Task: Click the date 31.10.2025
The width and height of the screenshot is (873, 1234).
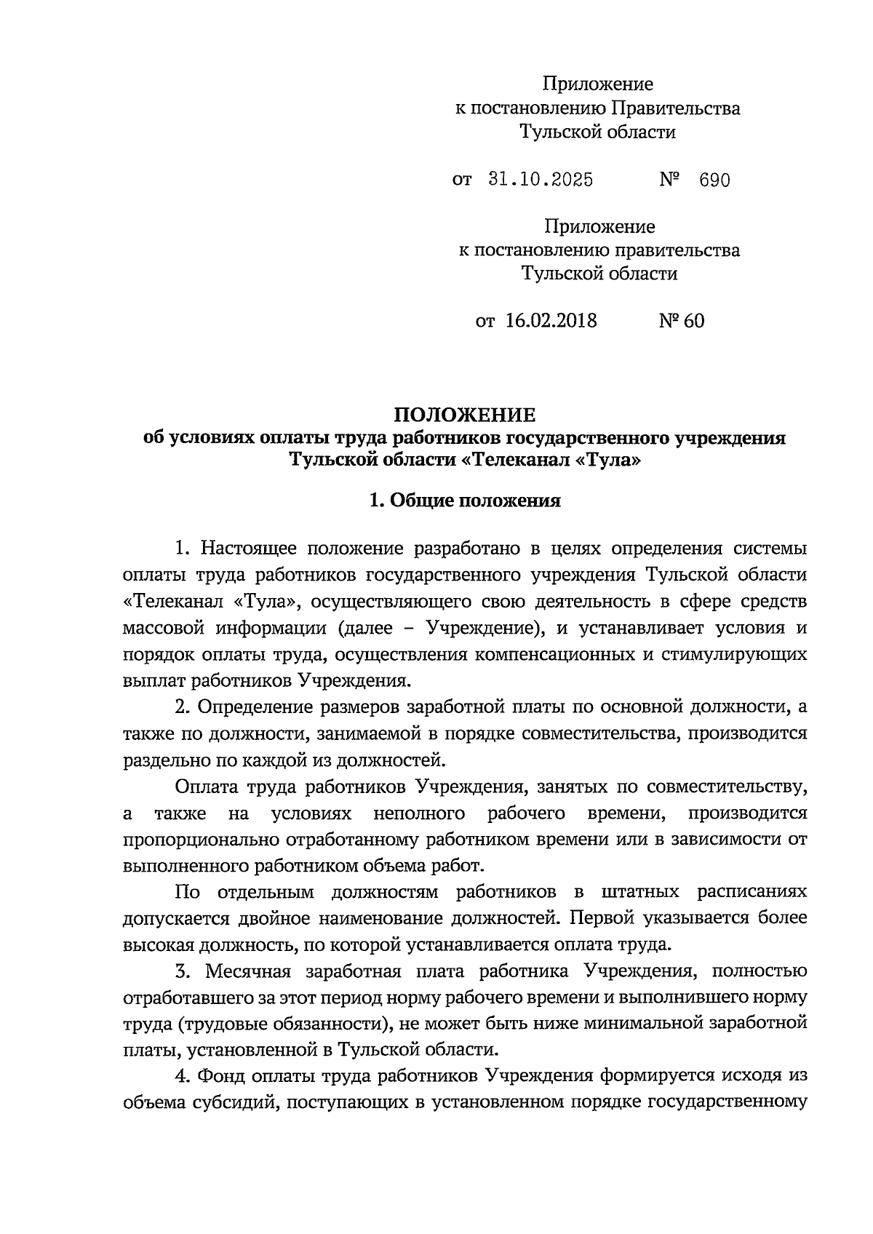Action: point(538,180)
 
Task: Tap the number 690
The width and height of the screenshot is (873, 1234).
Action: point(714,180)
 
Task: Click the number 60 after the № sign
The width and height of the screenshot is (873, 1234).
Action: point(693,321)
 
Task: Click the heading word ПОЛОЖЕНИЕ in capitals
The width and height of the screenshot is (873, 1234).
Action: point(465,415)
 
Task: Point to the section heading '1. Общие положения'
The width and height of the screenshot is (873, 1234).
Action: point(465,501)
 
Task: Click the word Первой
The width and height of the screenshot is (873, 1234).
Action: point(599,918)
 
